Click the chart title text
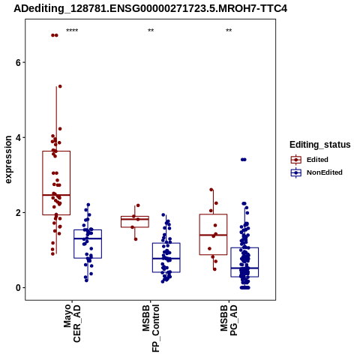[x=150, y=8]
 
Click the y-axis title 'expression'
[x=8, y=160]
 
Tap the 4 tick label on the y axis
[x=18, y=137]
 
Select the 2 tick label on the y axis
[x=18, y=212]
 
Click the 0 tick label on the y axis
[x=18, y=287]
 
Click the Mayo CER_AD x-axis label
[x=72, y=323]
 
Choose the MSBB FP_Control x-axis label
[x=151, y=328]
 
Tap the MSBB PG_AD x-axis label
[x=229, y=319]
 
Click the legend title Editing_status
[x=320, y=145]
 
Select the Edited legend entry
[x=310, y=160]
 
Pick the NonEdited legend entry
[x=316, y=172]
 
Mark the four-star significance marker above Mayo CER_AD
[x=72, y=31]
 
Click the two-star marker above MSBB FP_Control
[x=151, y=31]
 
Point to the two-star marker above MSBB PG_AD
[x=229, y=31]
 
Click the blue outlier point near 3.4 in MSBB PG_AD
[x=244, y=160]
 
